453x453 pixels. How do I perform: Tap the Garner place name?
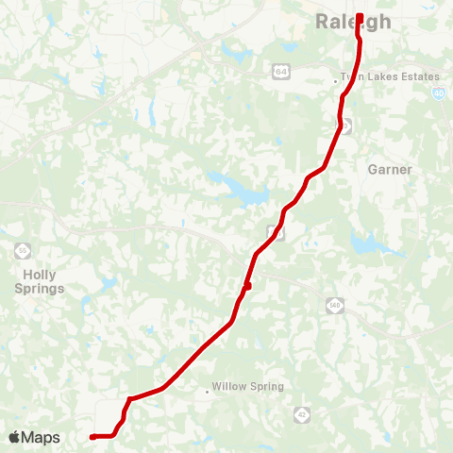(x=390, y=170)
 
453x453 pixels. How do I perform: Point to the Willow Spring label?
(x=247, y=387)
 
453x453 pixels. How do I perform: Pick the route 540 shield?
(x=334, y=305)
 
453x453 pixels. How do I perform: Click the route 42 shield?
(x=301, y=413)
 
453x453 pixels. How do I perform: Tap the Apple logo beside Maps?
(x=14, y=437)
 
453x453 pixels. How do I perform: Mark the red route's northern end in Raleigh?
(x=360, y=16)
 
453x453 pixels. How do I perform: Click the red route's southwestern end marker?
(x=92, y=437)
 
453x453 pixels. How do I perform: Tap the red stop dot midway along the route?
(x=246, y=285)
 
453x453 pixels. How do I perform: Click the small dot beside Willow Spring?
(x=207, y=390)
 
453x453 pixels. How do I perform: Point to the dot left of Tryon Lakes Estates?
(x=336, y=81)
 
